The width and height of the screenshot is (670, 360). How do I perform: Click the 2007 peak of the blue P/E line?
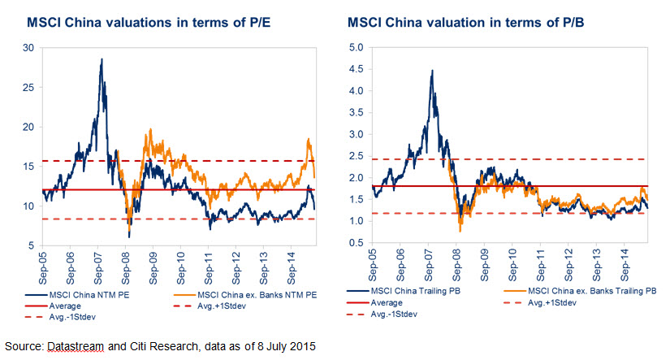click(102, 59)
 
